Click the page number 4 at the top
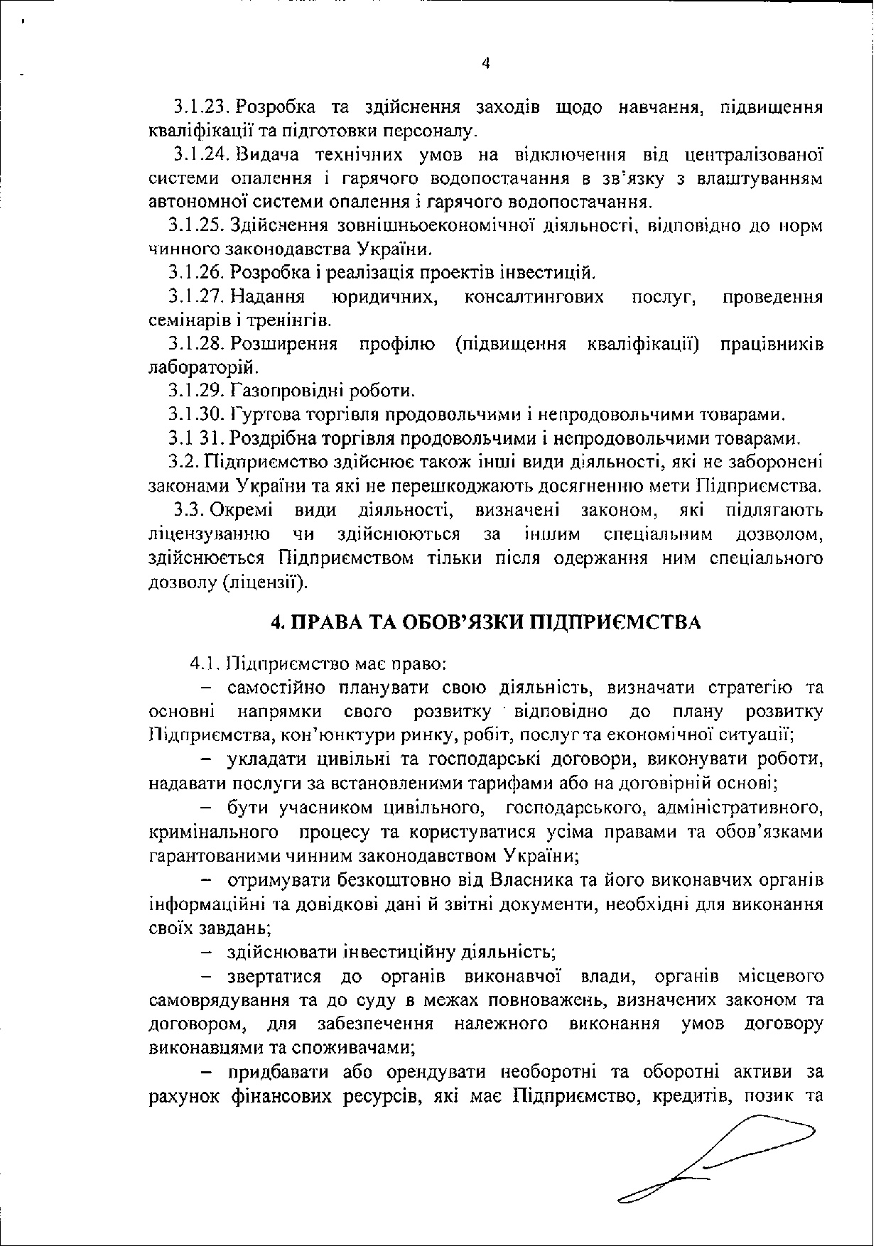pyautogui.click(x=485, y=63)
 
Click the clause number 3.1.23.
pyautogui.click(x=201, y=108)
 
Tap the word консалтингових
pyautogui.click(x=534, y=296)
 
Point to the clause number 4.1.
pyautogui.click(x=204, y=665)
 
